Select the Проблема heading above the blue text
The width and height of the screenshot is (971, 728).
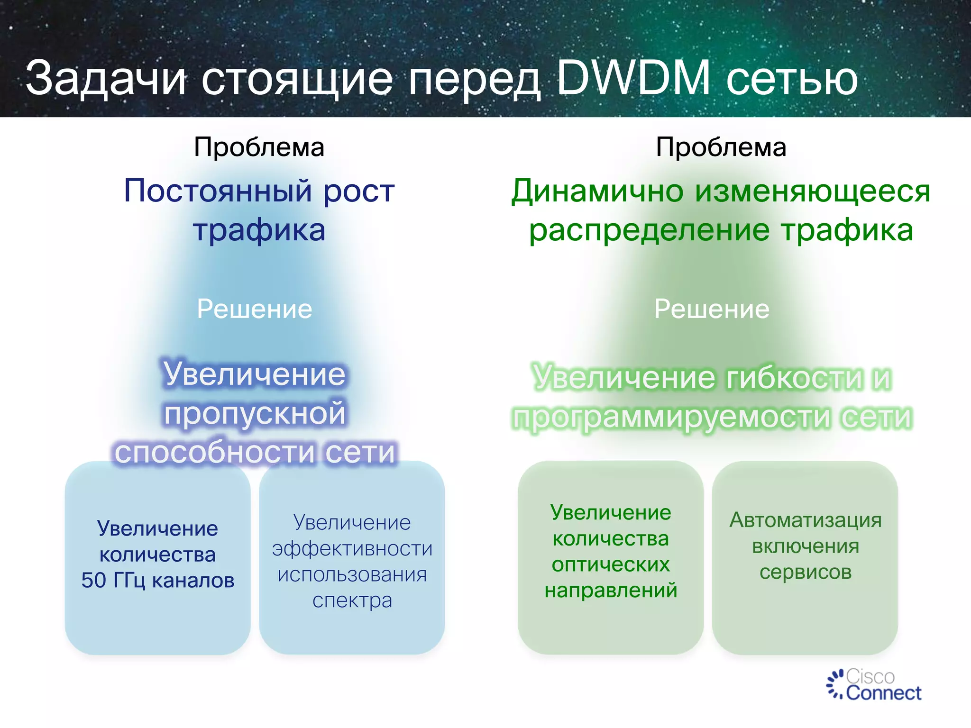point(259,147)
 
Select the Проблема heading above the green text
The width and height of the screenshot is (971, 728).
point(721,147)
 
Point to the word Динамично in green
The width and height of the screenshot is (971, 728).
point(597,191)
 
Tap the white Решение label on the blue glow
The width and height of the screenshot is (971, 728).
point(255,309)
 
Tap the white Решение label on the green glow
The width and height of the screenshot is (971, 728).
point(712,309)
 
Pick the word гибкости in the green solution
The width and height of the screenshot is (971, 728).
point(794,378)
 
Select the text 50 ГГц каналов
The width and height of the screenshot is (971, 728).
point(157,581)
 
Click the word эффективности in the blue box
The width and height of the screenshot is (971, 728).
point(352,549)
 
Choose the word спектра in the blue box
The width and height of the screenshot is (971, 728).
point(352,601)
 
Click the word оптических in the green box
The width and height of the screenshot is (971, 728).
point(611,564)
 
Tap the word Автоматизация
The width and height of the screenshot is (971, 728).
point(805,520)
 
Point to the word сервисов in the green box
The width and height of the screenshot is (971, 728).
point(805,573)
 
